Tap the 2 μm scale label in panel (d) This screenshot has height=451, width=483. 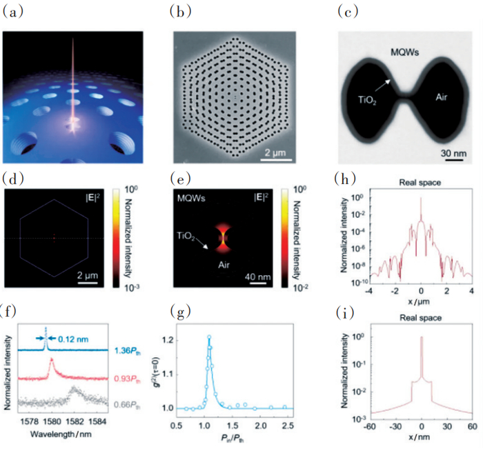point(101,274)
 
